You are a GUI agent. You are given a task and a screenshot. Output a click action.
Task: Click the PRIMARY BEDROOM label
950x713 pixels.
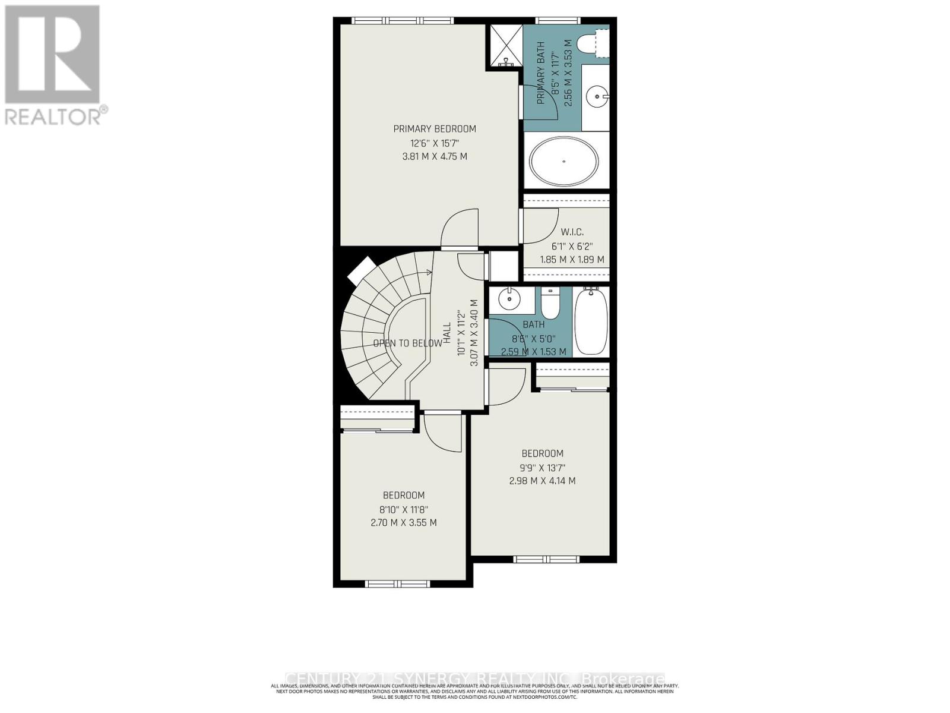coord(435,129)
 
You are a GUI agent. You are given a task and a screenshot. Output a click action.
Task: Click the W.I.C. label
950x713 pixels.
coord(572,232)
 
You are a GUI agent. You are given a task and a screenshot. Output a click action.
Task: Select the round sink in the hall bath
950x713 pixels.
coord(509,299)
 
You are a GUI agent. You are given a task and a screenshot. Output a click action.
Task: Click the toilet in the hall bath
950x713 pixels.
coord(550,303)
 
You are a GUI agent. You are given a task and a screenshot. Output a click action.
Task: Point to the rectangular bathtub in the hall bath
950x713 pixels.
coord(591,321)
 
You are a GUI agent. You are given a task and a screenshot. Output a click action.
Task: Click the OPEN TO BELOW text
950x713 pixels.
coord(407,343)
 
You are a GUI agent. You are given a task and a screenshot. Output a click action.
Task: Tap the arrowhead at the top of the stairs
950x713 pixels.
coord(429,272)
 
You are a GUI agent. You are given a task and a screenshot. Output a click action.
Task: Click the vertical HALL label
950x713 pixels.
coord(447,338)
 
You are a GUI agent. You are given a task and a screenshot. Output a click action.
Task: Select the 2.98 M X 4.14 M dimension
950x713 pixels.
coord(542,481)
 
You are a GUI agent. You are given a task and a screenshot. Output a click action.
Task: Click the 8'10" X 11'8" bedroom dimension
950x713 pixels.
coord(404,509)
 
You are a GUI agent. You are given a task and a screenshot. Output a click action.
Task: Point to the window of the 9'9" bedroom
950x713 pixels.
coord(546,559)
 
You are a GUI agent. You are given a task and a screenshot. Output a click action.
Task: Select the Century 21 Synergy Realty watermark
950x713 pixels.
coord(475,679)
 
